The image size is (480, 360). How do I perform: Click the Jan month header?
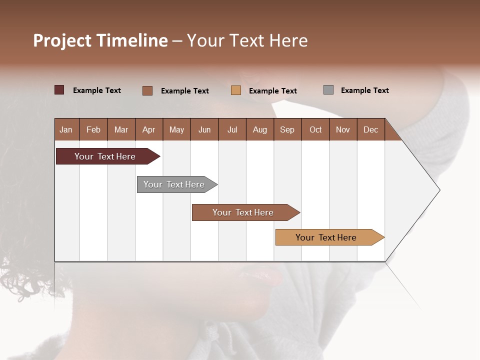coord(66,129)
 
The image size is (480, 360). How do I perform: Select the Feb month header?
coord(93,129)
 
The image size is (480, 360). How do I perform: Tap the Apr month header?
coord(148,129)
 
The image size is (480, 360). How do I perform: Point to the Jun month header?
coord(204,129)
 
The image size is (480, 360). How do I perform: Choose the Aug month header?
coord(259,129)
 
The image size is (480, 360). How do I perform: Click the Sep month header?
coord(287,129)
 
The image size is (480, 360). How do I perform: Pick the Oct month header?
coord(315,129)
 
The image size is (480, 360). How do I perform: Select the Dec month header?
coord(370,129)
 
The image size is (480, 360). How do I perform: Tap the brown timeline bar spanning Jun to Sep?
coord(243,212)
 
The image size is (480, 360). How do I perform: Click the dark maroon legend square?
coord(59,90)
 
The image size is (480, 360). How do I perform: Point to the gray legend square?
coord(328,90)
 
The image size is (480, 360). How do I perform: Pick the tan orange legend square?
coord(236,90)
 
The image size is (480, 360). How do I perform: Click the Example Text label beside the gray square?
coord(364,90)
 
